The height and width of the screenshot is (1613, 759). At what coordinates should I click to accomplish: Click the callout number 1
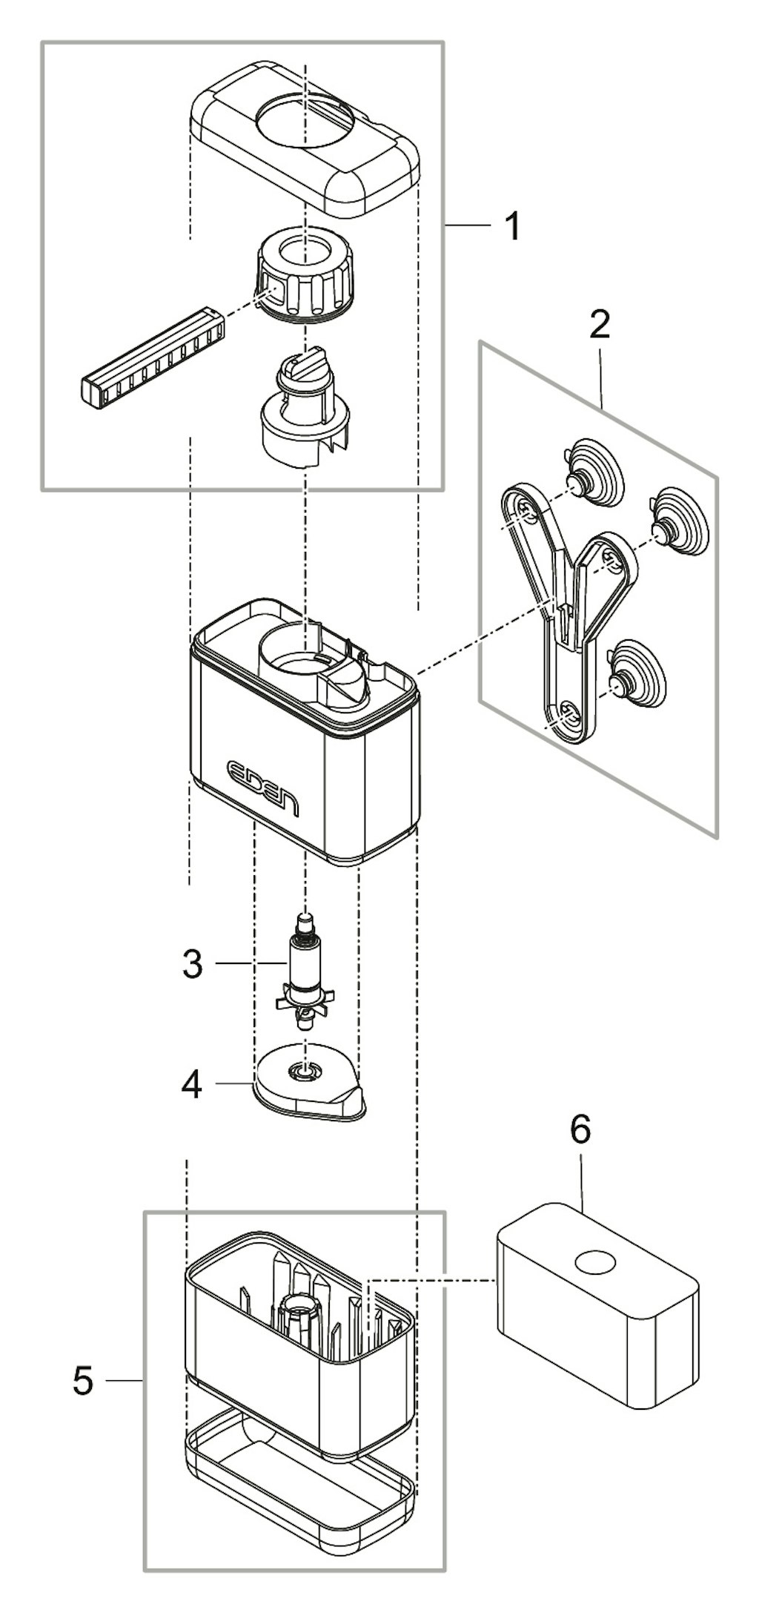coord(512,226)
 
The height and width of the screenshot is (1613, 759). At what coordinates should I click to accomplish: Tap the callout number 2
coord(600,325)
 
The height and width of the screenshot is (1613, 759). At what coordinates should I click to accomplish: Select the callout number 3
coord(192,963)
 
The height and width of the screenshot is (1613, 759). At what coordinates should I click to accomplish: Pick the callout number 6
coord(580,1130)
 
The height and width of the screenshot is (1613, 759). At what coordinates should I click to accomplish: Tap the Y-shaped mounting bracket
coord(567,608)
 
